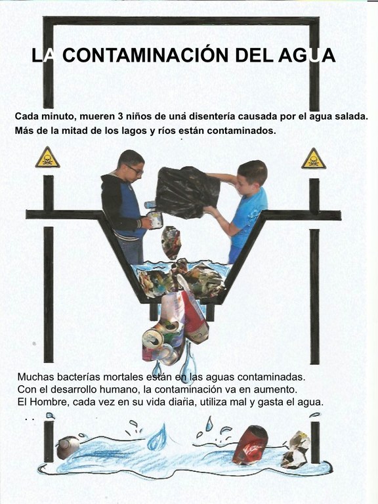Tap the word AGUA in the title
click(x=306, y=55)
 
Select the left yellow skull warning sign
click(x=47, y=157)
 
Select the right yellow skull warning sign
click(x=314, y=158)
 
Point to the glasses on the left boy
click(x=135, y=170)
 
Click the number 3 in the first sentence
click(x=121, y=116)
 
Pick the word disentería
click(x=212, y=116)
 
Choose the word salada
click(x=352, y=116)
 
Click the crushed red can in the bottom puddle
click(x=251, y=445)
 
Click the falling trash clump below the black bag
click(x=171, y=241)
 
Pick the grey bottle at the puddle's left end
click(x=68, y=447)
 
